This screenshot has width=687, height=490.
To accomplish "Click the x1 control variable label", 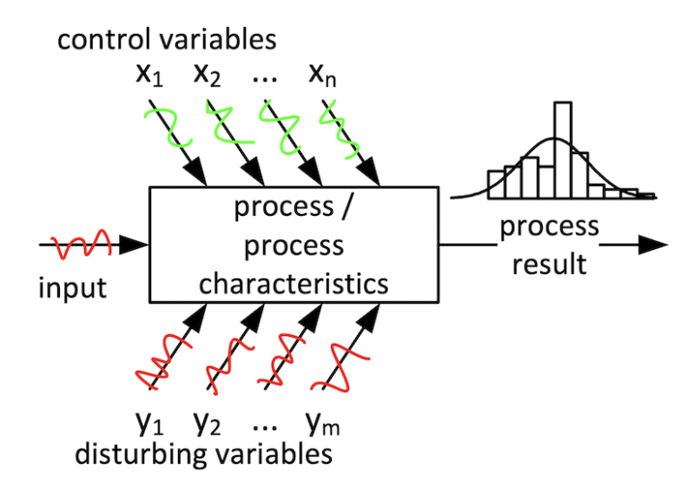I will tap(151, 74).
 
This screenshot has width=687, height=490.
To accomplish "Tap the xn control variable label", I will tap(324, 74).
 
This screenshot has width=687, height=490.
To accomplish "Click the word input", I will tap(71, 288).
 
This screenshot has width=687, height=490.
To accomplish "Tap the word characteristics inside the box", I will tap(293, 283).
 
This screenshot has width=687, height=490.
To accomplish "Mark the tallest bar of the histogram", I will tap(562, 149).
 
